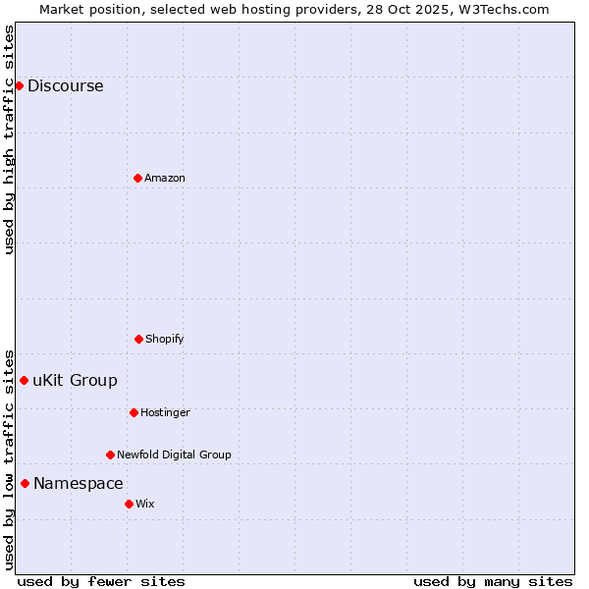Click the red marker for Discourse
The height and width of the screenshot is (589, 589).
19,85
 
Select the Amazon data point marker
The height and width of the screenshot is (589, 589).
137,178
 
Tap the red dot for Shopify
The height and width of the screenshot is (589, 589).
138,339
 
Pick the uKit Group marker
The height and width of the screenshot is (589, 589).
24,380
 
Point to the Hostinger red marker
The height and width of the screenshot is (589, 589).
134,412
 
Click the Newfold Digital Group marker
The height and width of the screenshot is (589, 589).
110,455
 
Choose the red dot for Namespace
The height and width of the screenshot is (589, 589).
25,483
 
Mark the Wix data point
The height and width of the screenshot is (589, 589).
129,504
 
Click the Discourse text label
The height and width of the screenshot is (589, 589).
65,85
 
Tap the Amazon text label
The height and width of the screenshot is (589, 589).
165,178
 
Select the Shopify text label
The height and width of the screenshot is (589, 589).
165,339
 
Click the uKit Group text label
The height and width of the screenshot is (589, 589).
75,380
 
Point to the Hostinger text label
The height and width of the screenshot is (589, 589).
165,412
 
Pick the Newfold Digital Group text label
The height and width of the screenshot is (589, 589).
174,455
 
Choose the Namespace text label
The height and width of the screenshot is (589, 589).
79,483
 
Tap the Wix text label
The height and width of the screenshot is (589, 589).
145,504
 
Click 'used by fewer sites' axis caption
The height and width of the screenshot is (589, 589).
101,581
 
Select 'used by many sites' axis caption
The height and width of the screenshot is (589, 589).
493,581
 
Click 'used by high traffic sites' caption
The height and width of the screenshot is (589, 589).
9,139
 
